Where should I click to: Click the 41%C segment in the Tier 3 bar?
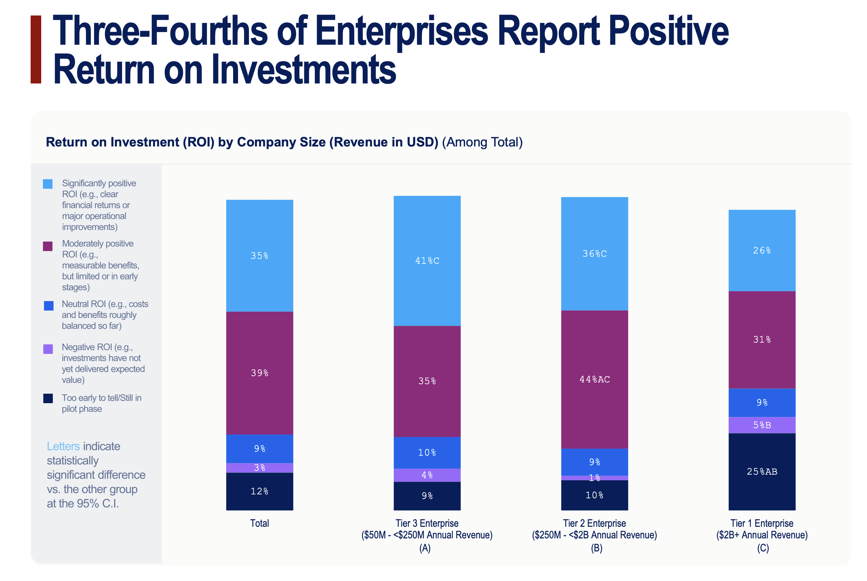[427, 261]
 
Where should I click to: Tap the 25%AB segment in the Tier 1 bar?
[762, 471]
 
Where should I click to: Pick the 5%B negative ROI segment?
[762, 425]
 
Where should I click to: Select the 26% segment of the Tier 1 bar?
[762, 250]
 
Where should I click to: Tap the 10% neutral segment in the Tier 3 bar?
[427, 452]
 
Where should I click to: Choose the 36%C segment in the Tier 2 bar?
[594, 254]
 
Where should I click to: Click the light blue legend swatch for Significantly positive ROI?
[48, 184]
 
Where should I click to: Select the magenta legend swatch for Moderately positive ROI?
[48, 246]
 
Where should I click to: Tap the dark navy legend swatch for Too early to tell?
[48, 398]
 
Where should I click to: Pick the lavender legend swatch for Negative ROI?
[48, 349]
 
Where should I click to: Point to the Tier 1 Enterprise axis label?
[762, 523]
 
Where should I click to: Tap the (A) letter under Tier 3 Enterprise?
[425, 548]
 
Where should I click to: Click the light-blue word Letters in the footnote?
[63, 446]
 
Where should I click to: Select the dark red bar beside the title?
[36, 49]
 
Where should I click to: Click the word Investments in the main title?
[280, 70]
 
